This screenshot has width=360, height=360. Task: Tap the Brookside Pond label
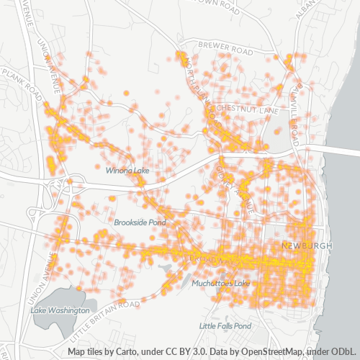(x=139, y=223)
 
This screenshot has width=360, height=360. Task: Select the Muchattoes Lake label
(x=220, y=283)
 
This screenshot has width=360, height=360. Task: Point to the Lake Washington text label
(x=60, y=310)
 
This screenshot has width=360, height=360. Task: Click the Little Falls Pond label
(x=225, y=326)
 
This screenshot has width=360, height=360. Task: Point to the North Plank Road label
(x=200, y=83)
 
